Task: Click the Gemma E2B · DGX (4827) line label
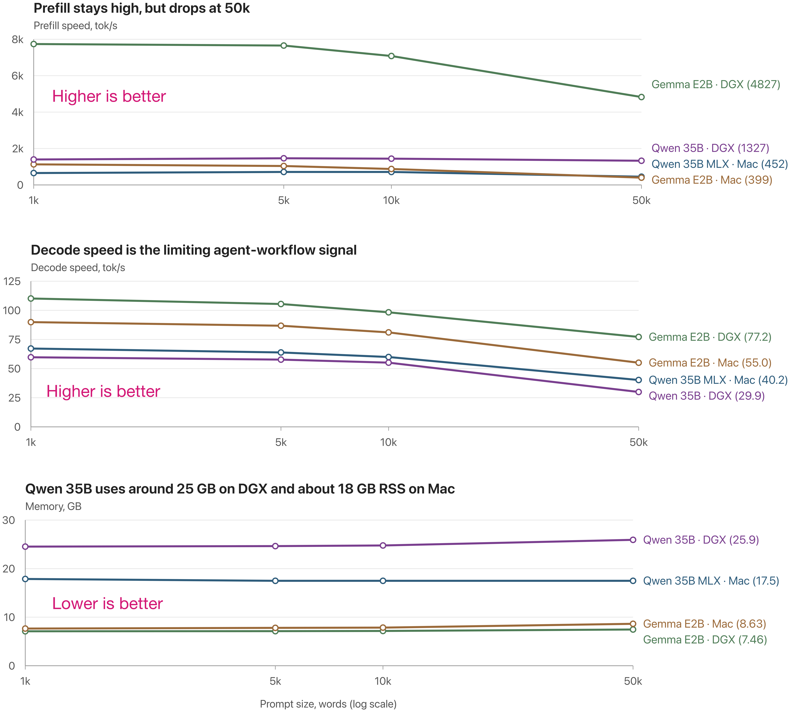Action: pos(716,84)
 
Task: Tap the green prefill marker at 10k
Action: pos(391,56)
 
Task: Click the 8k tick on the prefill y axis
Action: pos(18,40)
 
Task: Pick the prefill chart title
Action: pos(142,8)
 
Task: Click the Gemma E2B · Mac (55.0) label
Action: pos(710,363)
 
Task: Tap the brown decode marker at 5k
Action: pos(281,326)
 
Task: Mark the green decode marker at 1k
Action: pos(31,298)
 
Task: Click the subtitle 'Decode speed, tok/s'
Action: pos(78,268)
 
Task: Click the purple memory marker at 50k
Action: pos(633,540)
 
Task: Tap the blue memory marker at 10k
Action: pos(383,581)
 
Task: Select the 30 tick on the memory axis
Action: pos(9,520)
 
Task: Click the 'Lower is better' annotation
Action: pos(108,604)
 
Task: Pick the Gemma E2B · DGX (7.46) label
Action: pos(705,640)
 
